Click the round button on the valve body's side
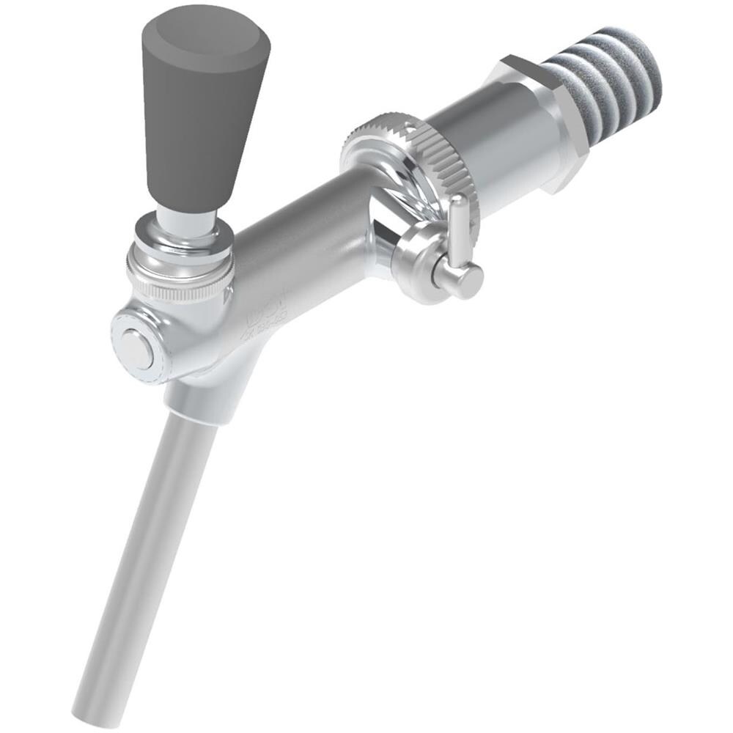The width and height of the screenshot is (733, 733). (x=136, y=348)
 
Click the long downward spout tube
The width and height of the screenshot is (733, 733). (x=147, y=557)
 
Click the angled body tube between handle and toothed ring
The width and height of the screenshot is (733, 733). (x=301, y=242)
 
